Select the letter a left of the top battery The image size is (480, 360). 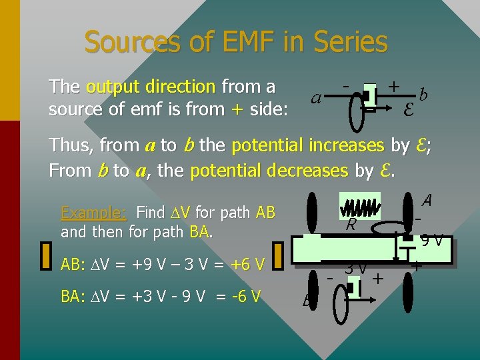click(317, 98)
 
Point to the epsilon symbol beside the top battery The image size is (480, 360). click(408, 107)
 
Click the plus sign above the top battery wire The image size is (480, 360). click(394, 86)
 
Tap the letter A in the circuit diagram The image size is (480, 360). click(427, 200)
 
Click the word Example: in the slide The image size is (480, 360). click(93, 213)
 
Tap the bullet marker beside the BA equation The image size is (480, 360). click(46, 295)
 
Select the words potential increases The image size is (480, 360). click(307, 145)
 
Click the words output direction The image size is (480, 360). click(150, 87)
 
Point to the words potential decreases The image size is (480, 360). click(269, 170)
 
